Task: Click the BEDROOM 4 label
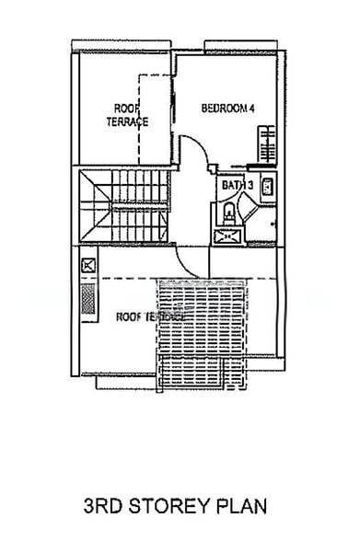(228, 109)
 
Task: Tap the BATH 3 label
(237, 186)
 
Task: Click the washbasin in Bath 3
(267, 187)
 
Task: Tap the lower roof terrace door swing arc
(192, 262)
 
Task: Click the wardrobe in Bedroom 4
(267, 144)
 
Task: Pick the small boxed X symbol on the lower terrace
(88, 266)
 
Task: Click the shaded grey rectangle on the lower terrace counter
(88, 298)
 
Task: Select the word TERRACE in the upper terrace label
(127, 121)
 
